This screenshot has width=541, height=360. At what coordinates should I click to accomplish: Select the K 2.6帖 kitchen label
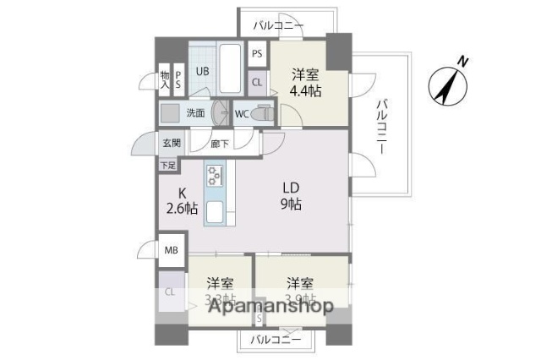(x=181, y=200)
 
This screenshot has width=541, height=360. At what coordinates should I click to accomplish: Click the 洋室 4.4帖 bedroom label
(x=307, y=82)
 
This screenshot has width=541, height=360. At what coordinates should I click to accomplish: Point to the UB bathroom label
(x=203, y=71)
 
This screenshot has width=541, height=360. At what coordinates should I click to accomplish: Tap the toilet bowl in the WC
(x=264, y=112)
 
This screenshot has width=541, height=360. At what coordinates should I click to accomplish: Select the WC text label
(x=241, y=113)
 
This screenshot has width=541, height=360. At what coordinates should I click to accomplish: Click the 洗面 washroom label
(x=195, y=112)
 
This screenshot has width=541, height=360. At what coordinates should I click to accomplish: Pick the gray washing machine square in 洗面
(x=171, y=112)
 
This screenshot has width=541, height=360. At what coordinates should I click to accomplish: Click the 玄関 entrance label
(x=171, y=144)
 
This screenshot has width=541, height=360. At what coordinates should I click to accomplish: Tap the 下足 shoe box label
(x=169, y=166)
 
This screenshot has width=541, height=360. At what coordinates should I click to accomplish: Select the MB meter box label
(x=171, y=250)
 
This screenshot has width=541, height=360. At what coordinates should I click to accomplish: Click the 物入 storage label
(x=165, y=79)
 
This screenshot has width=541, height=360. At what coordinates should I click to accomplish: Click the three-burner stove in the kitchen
(x=215, y=176)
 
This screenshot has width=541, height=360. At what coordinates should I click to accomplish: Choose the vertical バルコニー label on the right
(x=381, y=125)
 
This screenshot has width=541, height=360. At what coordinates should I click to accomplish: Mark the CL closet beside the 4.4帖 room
(x=257, y=82)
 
